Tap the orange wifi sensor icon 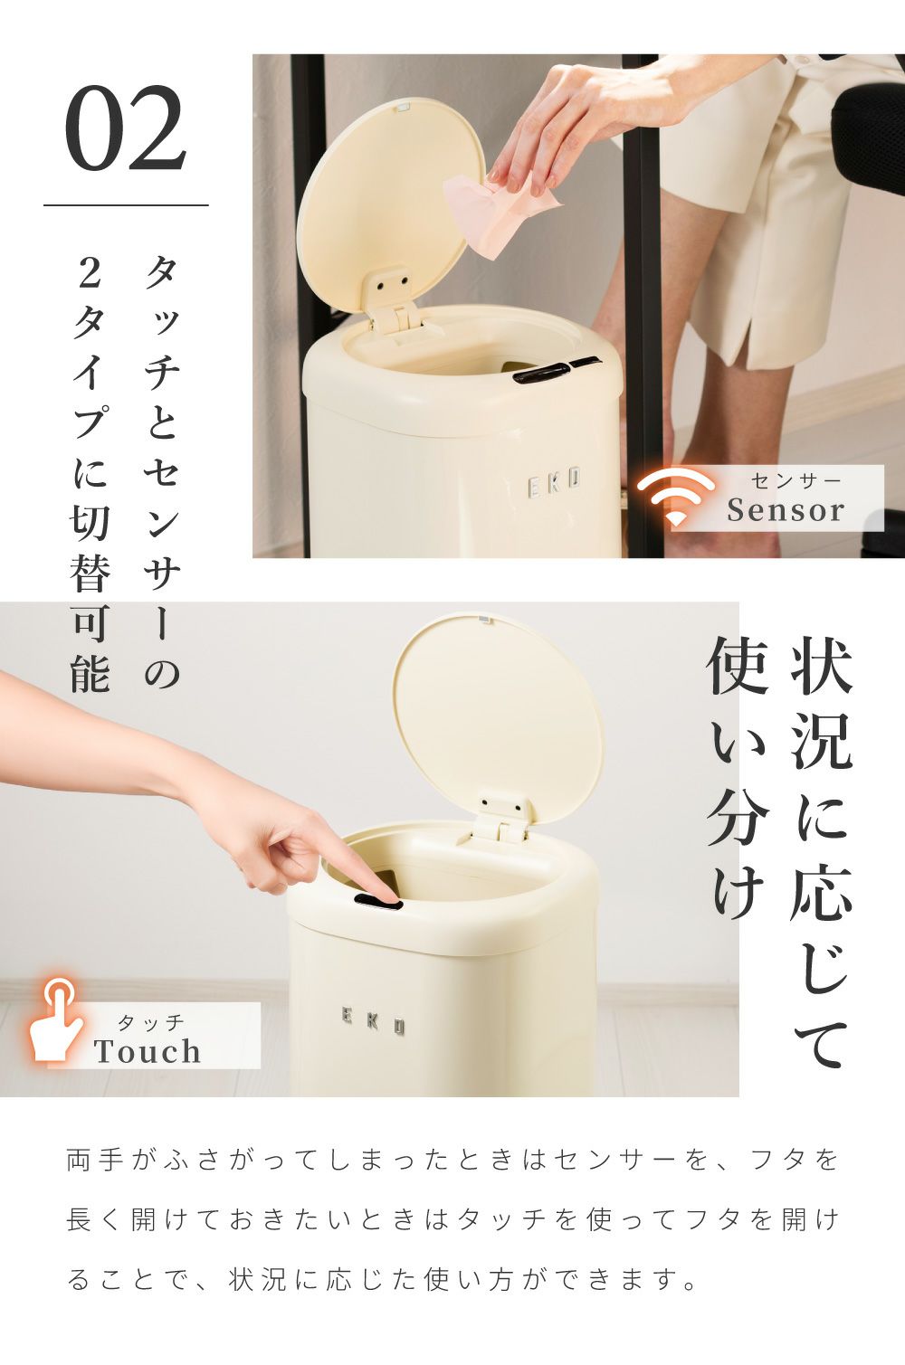675,497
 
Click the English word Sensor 786,509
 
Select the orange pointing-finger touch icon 56,1019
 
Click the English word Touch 147,1051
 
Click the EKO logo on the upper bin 554,483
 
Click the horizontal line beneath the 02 126,205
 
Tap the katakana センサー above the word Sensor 795,481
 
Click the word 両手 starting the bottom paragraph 95,1161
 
